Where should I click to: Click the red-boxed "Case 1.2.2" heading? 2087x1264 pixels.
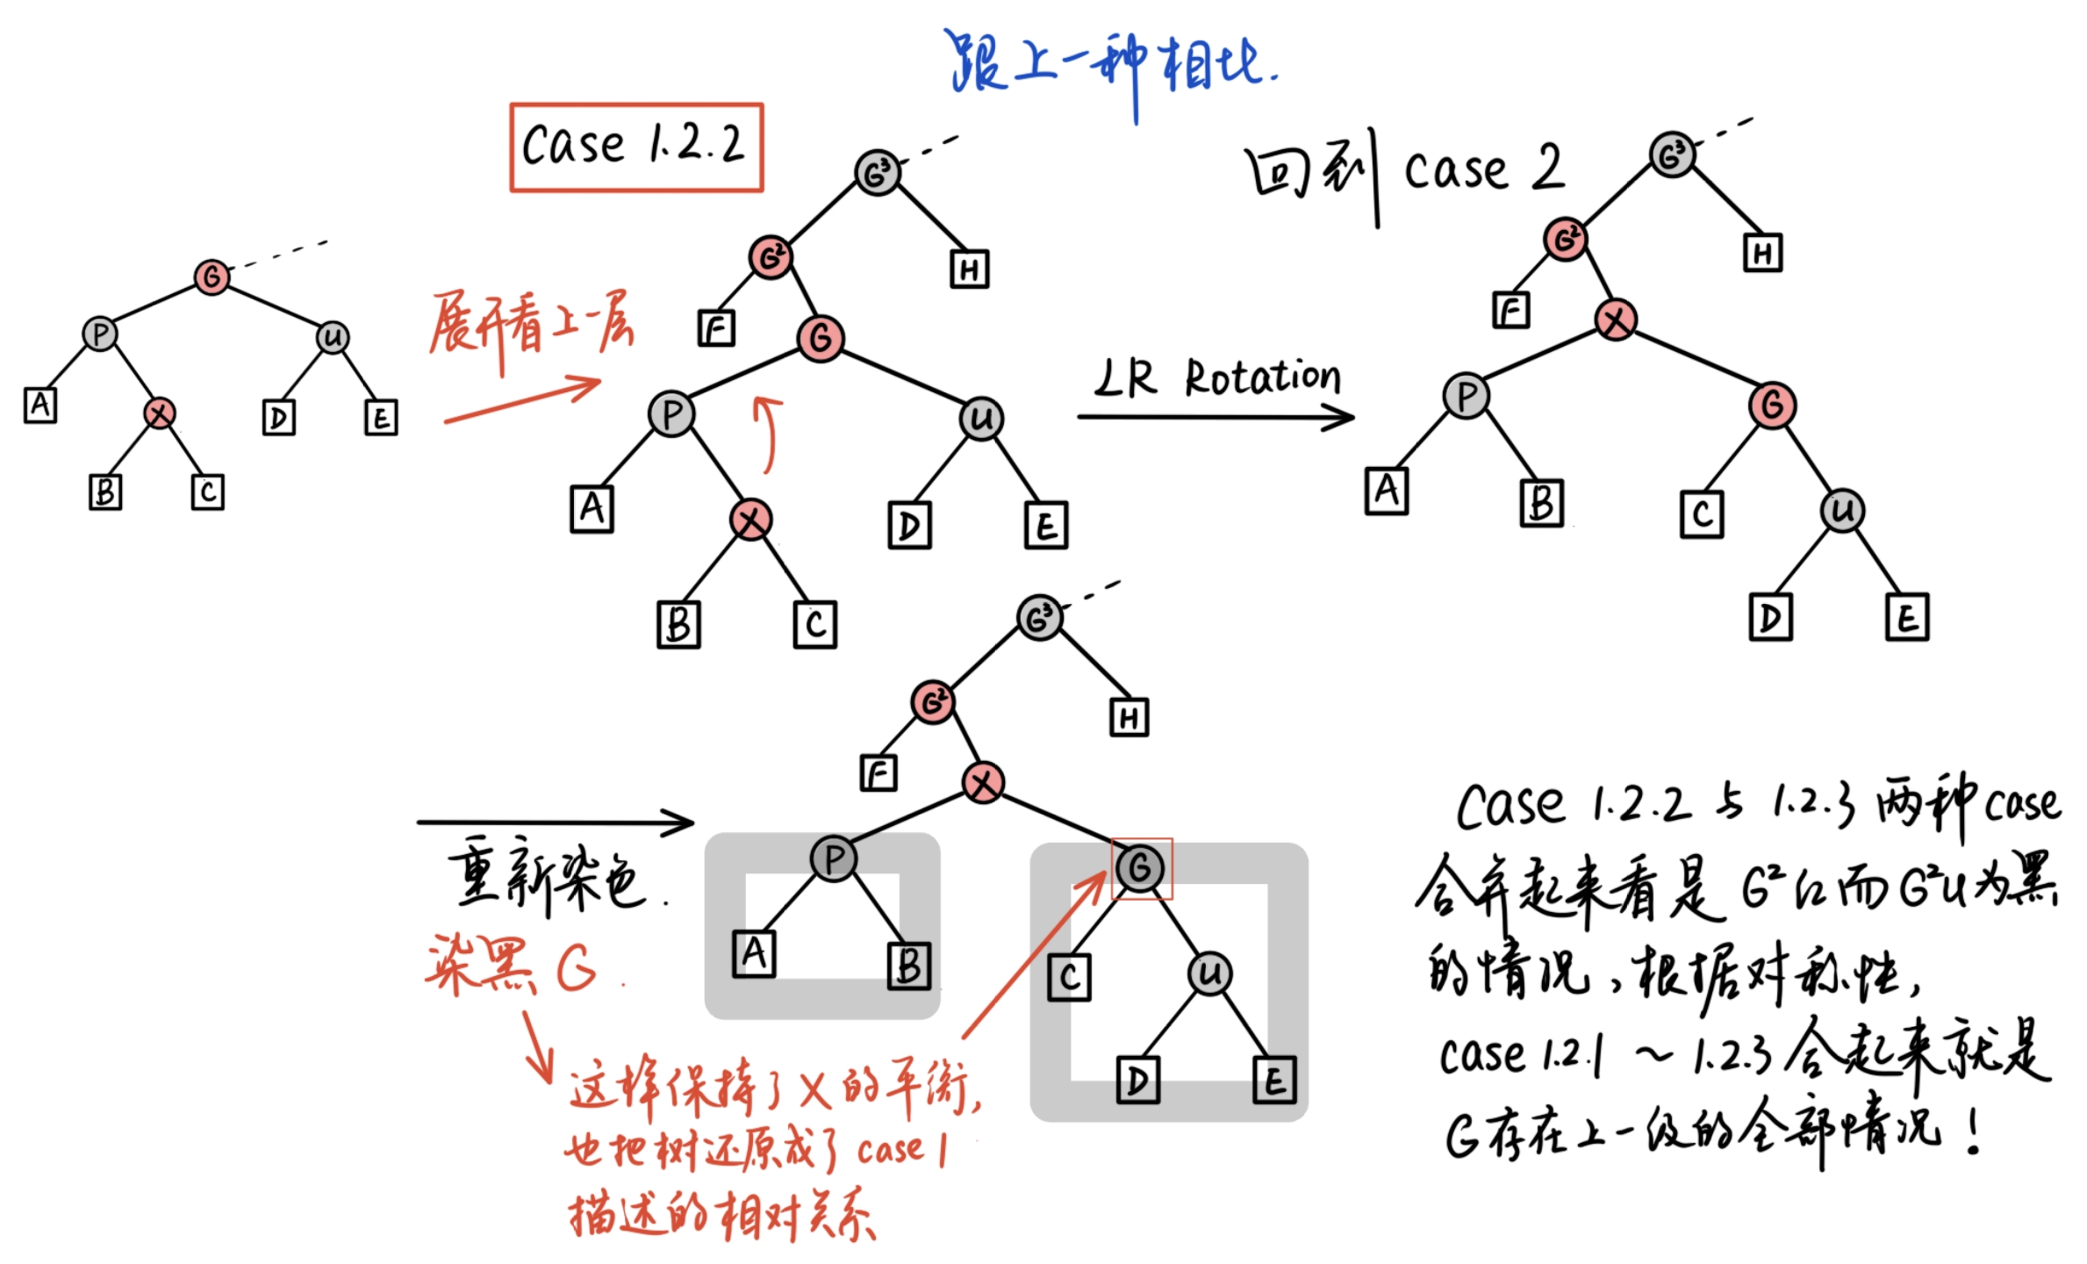point(635,147)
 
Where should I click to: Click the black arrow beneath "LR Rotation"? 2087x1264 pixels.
point(1216,417)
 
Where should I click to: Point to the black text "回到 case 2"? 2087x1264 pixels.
point(1404,171)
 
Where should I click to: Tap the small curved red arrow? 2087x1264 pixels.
point(769,434)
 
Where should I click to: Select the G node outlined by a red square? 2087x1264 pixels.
point(1140,868)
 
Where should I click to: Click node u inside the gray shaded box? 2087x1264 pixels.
point(1210,973)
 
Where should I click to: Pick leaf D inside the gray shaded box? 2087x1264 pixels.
point(1137,1080)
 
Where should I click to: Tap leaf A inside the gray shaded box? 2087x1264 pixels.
point(754,953)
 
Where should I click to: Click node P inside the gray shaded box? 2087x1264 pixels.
point(833,858)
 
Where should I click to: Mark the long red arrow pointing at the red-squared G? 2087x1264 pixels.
point(1036,957)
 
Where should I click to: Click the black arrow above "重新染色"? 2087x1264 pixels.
point(555,822)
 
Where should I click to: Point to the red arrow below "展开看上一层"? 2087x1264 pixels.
point(522,400)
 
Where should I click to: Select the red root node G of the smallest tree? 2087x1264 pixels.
point(212,277)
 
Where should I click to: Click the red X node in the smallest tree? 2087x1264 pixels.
point(159,413)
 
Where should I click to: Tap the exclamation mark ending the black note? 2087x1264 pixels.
point(1974,1132)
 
